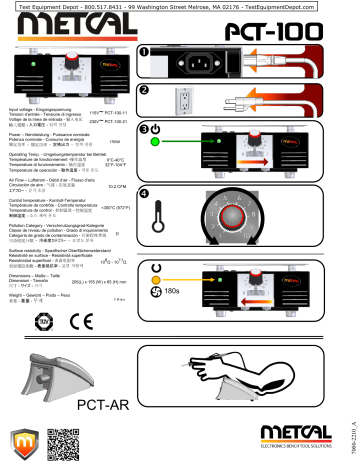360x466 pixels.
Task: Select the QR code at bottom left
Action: click(61, 441)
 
